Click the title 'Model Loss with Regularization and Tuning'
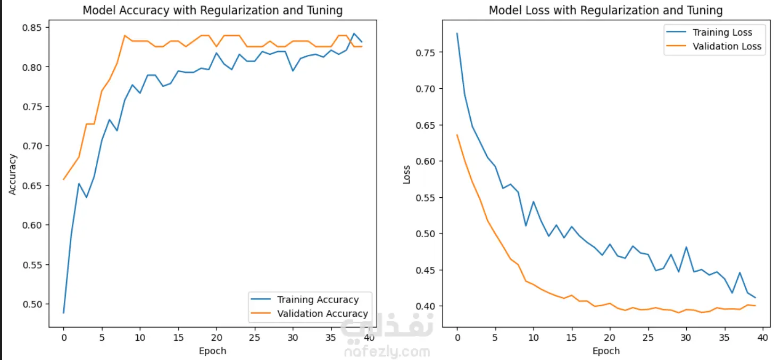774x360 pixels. click(606, 10)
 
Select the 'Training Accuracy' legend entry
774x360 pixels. click(318, 300)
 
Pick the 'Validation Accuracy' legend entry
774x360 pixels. click(322, 314)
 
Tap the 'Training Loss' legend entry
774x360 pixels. click(722, 32)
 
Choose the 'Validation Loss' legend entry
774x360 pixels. click(727, 46)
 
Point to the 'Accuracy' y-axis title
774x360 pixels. click(13, 174)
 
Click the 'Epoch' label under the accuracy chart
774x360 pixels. click(213, 351)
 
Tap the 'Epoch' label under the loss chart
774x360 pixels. click(606, 351)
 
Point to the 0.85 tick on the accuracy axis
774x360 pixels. click(34, 27)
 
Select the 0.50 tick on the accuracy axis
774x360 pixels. click(34, 304)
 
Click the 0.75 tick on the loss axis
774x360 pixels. click(428, 53)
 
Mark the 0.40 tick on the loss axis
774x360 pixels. click(428, 306)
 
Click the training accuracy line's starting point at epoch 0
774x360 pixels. click(64, 313)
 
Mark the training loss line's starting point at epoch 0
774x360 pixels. click(457, 34)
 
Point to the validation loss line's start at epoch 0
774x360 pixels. click(457, 135)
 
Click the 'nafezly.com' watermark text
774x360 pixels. click(387, 351)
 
